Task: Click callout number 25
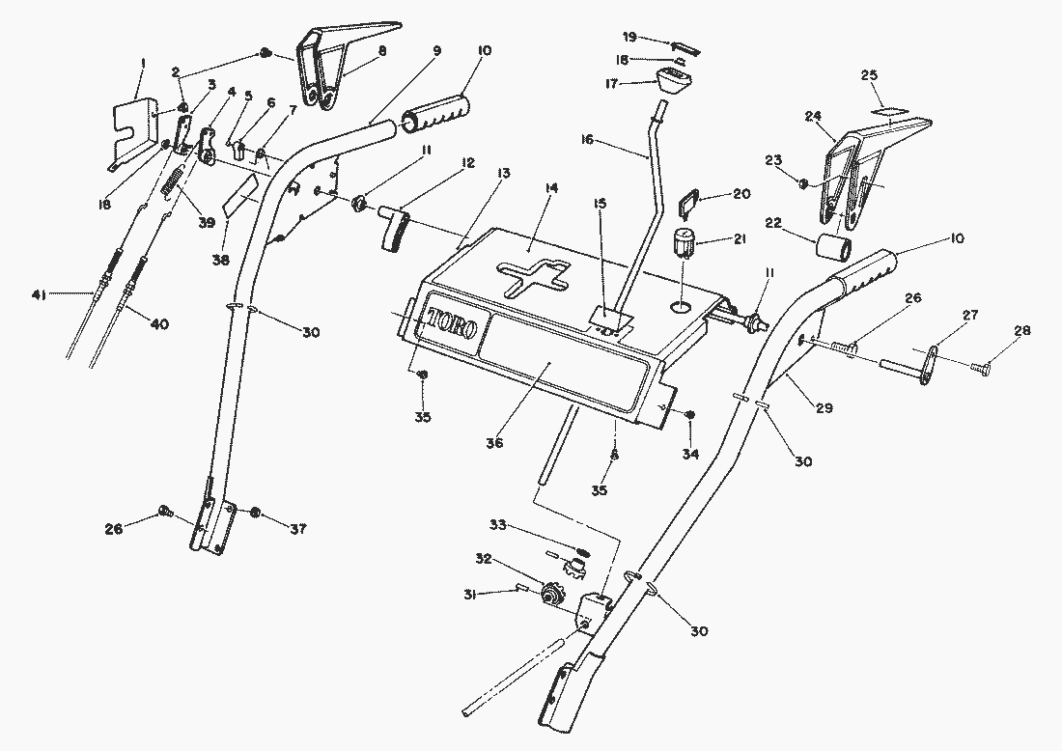pos(868,74)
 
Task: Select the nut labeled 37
pos(256,512)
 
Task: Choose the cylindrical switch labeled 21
pos(683,244)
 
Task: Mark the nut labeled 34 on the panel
pos(691,415)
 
